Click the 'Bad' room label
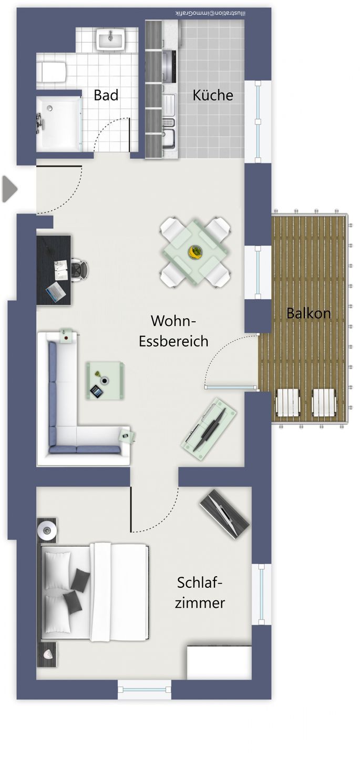click(106, 95)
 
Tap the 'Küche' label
click(213, 95)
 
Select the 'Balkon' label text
click(308, 313)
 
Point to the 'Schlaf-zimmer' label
click(200, 593)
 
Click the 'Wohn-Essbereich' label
click(173, 331)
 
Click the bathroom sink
click(111, 39)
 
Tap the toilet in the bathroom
click(52, 71)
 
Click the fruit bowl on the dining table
click(195, 252)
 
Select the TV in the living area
click(209, 429)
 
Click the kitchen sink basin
click(169, 140)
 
